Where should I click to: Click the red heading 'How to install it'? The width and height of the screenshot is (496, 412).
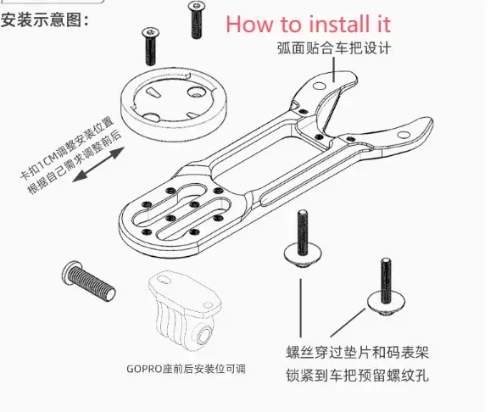(309, 24)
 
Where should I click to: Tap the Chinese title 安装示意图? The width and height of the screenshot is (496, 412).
(45, 20)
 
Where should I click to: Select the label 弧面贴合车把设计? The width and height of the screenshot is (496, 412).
(334, 48)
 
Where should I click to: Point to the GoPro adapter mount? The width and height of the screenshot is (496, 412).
(185, 310)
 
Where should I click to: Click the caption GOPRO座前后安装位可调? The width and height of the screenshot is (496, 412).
(186, 369)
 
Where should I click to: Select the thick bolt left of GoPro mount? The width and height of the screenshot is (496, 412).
(88, 281)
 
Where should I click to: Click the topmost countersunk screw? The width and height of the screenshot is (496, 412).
(196, 19)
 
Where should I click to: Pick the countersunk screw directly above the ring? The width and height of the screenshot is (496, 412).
(151, 46)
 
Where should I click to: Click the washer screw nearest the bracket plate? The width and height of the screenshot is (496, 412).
(303, 239)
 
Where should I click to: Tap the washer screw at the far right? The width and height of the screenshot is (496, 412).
(387, 287)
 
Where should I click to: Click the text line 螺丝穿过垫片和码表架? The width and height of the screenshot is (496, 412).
(358, 353)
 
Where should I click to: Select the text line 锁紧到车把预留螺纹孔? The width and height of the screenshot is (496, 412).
(358, 376)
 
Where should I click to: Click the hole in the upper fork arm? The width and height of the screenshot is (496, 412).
(319, 86)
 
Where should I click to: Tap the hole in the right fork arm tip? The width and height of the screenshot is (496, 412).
(404, 136)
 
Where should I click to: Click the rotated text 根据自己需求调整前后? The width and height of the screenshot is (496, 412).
(75, 162)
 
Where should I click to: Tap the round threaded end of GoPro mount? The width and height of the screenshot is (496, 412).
(205, 334)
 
